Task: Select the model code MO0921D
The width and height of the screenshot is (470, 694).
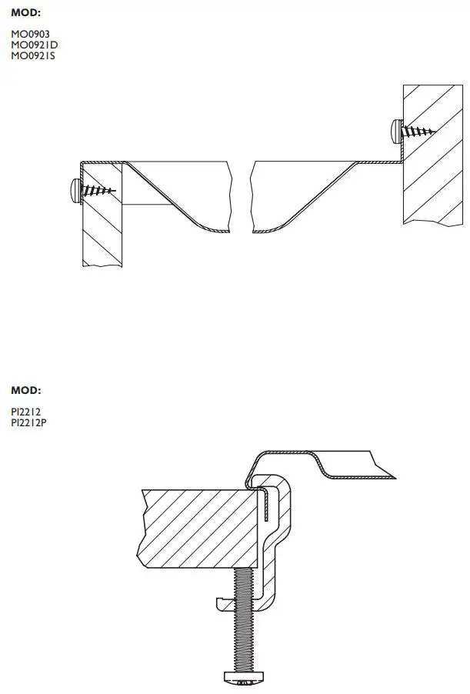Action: click(35, 45)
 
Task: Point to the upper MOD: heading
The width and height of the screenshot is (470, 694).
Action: click(26, 13)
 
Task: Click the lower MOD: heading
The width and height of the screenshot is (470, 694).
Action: click(26, 391)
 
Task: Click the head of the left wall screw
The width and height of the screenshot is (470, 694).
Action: click(74, 189)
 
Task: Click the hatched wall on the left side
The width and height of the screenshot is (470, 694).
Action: click(102, 231)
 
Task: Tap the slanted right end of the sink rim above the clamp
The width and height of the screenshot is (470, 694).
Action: click(385, 465)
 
